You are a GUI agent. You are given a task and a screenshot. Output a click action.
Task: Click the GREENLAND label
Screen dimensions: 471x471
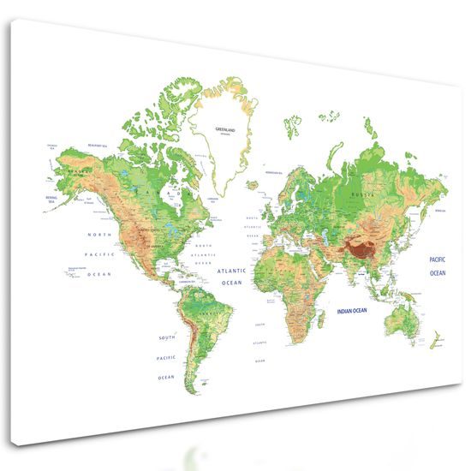click(224, 129)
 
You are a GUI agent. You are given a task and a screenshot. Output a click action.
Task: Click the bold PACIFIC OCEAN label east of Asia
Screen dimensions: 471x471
click(438, 264)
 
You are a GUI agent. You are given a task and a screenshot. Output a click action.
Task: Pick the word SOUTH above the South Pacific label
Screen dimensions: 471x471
click(167, 337)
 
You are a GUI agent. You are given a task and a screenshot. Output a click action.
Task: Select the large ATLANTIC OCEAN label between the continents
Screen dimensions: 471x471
click(232, 276)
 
